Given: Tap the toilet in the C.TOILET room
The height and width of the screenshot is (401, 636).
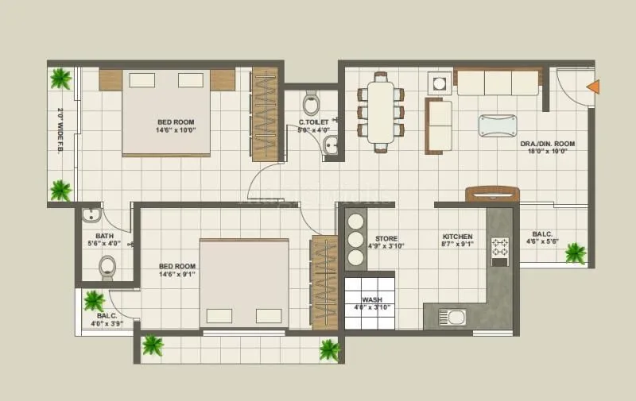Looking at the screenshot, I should click(312, 103).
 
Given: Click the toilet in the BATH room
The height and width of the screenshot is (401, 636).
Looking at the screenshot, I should click(106, 268).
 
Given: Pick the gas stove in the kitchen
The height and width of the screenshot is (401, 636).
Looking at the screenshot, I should click(500, 250).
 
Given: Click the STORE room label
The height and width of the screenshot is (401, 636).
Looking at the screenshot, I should click(386, 238).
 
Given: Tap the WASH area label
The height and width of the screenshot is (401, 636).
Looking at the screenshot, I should click(372, 300).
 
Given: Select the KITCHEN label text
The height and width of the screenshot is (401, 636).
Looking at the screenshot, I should click(458, 237).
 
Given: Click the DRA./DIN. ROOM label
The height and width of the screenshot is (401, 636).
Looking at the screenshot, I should click(547, 144).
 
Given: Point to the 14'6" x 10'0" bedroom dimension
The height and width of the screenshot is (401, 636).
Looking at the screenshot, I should click(176, 129).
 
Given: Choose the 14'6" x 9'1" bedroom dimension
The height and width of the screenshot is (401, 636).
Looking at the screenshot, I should click(176, 275).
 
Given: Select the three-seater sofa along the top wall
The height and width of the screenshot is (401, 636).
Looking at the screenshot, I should click(498, 81).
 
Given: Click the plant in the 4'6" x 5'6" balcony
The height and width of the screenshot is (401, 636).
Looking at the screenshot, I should click(575, 253).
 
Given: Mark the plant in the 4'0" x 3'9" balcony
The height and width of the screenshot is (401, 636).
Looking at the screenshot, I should click(94, 300).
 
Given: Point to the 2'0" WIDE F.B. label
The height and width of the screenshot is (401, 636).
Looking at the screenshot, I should click(60, 131).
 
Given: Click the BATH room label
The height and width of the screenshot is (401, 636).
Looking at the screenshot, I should click(104, 236).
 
